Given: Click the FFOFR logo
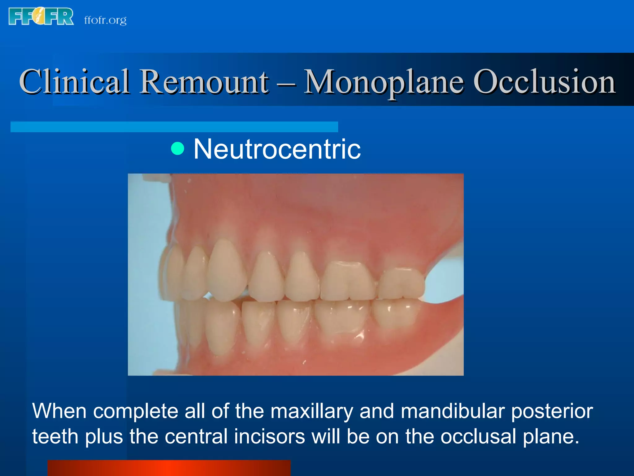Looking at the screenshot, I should [41, 16].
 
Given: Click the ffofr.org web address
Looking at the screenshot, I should [105, 20].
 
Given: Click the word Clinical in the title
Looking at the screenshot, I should [74, 81].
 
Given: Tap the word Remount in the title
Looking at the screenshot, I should [204, 81].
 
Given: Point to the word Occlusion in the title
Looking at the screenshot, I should [544, 81].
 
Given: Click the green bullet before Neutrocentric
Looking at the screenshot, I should [178, 148].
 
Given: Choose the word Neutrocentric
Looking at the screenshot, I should [277, 149].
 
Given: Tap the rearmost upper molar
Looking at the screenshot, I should [402, 284].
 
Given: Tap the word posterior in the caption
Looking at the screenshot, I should [552, 411].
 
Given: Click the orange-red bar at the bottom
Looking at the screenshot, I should [169, 468].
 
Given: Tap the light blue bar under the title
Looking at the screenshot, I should [174, 127].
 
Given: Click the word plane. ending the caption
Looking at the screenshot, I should [551, 436].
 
